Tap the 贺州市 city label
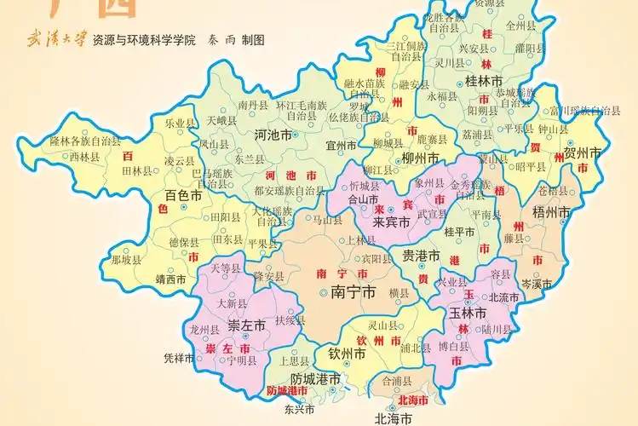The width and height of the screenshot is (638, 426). (x=583, y=154)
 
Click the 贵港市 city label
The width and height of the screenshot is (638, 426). (x=421, y=256)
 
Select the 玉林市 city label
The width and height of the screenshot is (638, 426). (x=467, y=313)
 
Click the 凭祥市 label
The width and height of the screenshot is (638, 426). (x=180, y=357)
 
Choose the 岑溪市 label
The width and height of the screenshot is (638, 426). (x=537, y=283)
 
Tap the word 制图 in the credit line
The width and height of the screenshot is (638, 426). (x=252, y=40)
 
